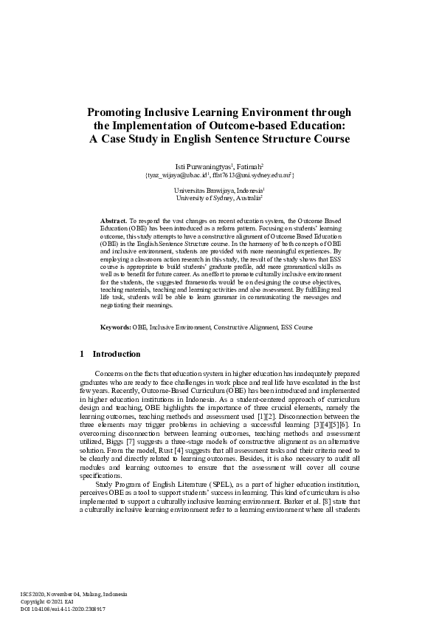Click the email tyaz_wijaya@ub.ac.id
[x=176, y=176]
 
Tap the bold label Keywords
[x=115, y=327]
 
